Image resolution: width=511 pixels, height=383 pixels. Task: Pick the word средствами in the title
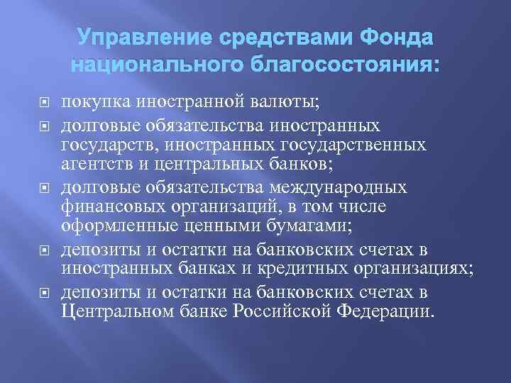tap(265, 38)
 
